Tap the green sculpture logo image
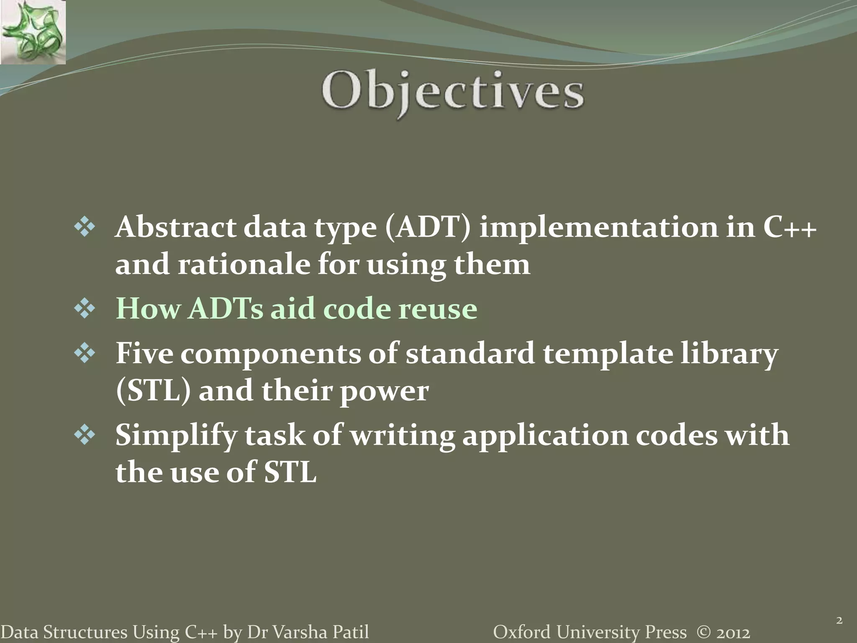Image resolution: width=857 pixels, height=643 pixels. click(x=33, y=32)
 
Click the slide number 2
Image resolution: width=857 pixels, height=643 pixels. click(x=839, y=620)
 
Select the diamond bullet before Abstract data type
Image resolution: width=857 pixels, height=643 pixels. click(x=85, y=229)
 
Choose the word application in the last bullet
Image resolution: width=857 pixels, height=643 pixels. click(x=544, y=436)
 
